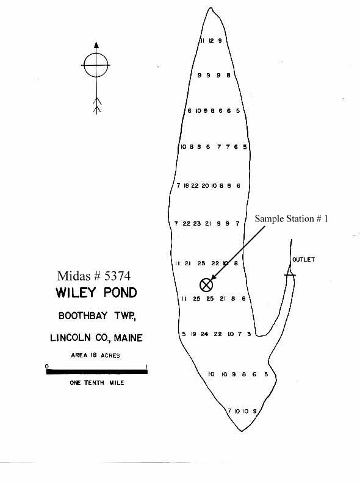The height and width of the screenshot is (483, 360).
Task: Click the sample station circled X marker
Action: (206, 285)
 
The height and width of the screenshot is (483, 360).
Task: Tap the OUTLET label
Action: (304, 260)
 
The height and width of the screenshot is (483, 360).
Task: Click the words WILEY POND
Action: (96, 292)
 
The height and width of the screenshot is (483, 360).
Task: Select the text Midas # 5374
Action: (94, 276)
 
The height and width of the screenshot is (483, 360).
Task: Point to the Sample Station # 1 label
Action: (291, 219)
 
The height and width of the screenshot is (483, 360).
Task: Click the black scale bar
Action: (97, 372)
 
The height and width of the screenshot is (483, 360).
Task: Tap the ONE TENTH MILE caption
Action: (97, 382)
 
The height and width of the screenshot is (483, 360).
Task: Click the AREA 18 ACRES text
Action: (95, 355)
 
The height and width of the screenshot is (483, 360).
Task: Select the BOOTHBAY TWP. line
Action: (97, 315)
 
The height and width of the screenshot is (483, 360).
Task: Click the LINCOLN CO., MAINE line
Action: (96, 338)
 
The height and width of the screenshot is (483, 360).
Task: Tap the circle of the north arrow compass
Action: (96, 53)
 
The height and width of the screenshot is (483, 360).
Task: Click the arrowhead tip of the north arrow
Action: (96, 42)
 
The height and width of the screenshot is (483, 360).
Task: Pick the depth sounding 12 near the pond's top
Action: (211, 41)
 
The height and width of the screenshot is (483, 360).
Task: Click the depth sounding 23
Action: (197, 224)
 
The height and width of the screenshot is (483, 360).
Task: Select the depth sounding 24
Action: (204, 334)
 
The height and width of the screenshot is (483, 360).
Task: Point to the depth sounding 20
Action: (205, 186)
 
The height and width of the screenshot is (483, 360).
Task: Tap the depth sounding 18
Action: (186, 186)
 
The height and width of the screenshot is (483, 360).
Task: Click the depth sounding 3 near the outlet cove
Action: (249, 334)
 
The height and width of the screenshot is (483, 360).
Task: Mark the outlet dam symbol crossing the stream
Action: (290, 274)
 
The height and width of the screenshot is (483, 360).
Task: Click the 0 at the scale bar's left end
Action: (47, 367)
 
